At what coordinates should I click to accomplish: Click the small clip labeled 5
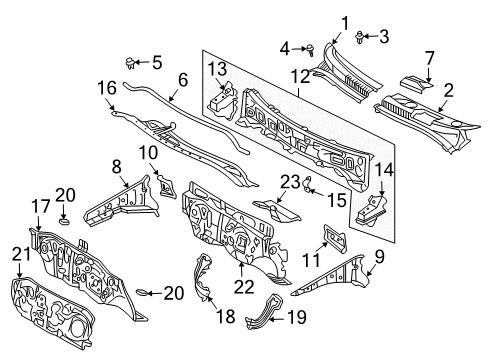(131, 63)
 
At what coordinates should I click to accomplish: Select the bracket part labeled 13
(220, 102)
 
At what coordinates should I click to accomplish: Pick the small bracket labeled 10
(163, 187)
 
